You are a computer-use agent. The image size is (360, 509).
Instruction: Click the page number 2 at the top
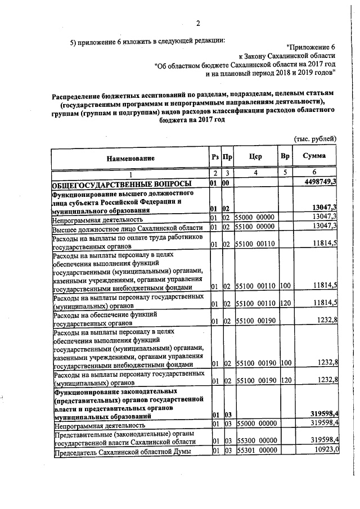(x=198, y=23)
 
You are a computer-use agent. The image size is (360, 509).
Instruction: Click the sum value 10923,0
(x=323, y=451)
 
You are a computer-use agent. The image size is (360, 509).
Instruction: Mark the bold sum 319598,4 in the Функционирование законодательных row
(x=320, y=415)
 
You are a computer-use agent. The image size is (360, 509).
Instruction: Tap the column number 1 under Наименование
(x=130, y=174)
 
